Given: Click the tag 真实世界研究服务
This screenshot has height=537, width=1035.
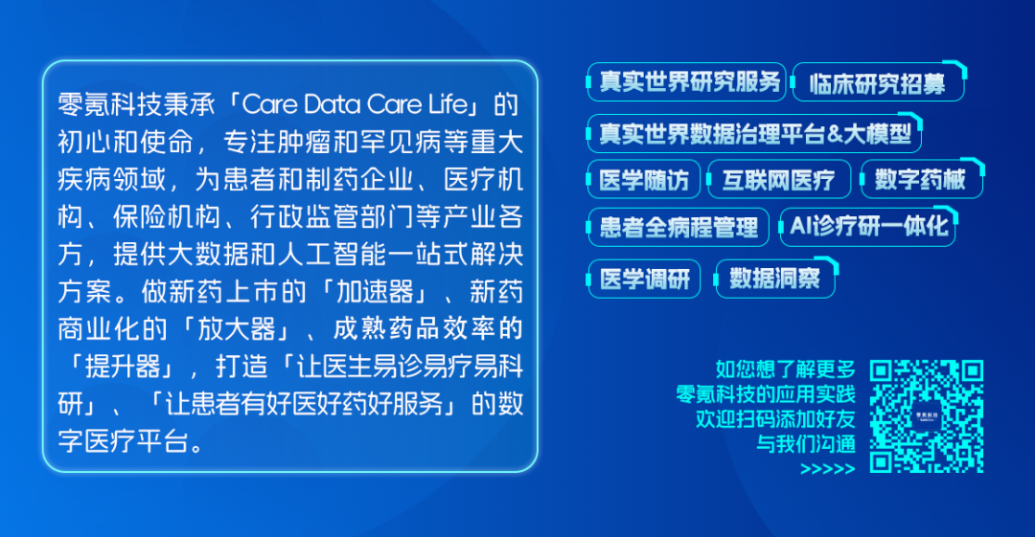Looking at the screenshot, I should [x=686, y=82].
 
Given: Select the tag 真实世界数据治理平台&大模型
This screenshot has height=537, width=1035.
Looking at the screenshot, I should [x=754, y=133].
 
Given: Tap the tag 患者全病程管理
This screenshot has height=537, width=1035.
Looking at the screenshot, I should [x=678, y=227].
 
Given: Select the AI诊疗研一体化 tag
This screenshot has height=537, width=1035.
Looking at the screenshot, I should [x=868, y=227].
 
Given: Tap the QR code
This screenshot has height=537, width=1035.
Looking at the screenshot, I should [x=926, y=415].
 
